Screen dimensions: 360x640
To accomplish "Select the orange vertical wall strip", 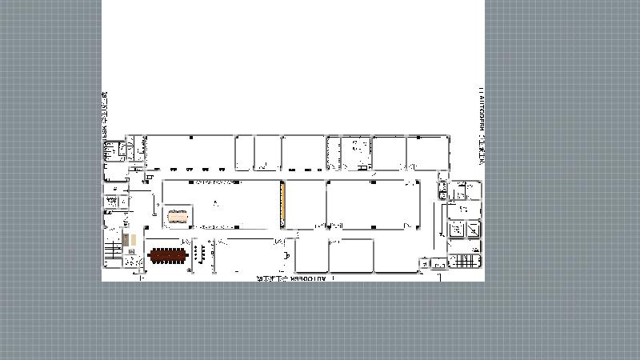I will coord(282,204).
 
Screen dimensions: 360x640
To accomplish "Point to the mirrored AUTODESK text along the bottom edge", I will coord(291,279).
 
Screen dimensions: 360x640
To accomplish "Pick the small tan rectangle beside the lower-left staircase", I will coord(134,240).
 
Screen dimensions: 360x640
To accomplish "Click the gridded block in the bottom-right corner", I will coord(464,261).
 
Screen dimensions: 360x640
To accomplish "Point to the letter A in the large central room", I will coord(215,204).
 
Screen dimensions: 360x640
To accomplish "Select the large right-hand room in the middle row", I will coord(373,205).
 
